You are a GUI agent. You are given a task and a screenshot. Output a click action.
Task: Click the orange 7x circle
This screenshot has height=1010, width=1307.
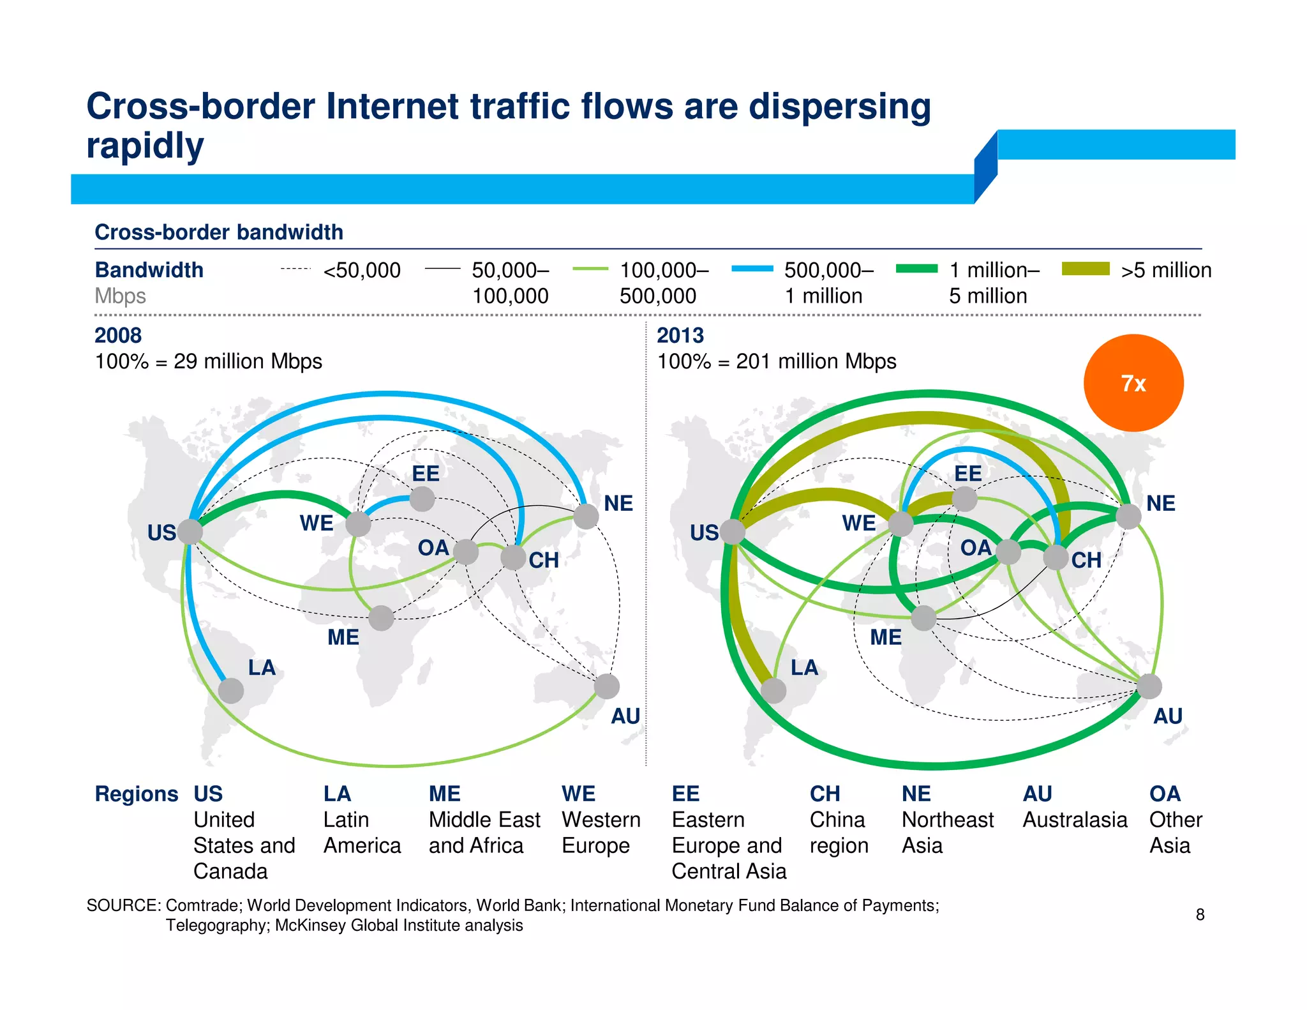[1133, 383]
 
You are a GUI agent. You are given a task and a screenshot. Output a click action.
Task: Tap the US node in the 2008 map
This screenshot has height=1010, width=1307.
[190, 531]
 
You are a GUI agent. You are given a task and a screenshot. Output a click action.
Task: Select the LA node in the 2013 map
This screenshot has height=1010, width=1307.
[773, 690]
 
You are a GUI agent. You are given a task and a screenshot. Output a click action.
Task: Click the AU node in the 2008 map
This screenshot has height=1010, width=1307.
[606, 686]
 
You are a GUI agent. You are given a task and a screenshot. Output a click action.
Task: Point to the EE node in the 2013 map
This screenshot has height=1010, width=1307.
[964, 499]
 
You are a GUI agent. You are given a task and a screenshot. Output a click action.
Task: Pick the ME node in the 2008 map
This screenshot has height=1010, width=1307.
[381, 618]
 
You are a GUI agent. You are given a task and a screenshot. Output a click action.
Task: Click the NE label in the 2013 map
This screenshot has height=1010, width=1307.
[1160, 503]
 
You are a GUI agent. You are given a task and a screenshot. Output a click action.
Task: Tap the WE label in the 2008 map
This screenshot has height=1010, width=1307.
[317, 523]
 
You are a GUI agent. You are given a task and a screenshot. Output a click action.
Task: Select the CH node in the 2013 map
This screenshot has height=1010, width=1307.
[1056, 557]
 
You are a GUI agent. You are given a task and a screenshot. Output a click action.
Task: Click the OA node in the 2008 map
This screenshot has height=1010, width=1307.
[466, 552]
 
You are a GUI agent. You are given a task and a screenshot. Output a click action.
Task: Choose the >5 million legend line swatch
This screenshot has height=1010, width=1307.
[1086, 269]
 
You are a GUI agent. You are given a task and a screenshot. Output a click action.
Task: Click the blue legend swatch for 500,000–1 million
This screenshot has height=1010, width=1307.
[752, 269]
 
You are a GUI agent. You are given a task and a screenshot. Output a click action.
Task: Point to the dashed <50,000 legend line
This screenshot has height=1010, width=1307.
[295, 269]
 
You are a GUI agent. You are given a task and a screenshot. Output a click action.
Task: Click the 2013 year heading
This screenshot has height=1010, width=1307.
[680, 335]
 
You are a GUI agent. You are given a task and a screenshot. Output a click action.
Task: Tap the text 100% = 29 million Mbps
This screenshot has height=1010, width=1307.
[208, 361]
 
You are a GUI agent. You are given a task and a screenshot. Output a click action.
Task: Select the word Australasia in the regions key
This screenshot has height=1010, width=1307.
[1075, 820]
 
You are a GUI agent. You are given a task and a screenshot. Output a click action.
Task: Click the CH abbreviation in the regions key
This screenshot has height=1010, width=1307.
[825, 794]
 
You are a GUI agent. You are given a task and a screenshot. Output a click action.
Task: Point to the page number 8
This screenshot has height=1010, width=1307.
[1200, 914]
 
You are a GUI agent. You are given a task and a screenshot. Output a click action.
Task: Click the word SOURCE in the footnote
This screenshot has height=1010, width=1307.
[123, 905]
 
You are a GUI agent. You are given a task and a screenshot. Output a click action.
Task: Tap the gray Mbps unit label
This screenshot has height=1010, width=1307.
[120, 296]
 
